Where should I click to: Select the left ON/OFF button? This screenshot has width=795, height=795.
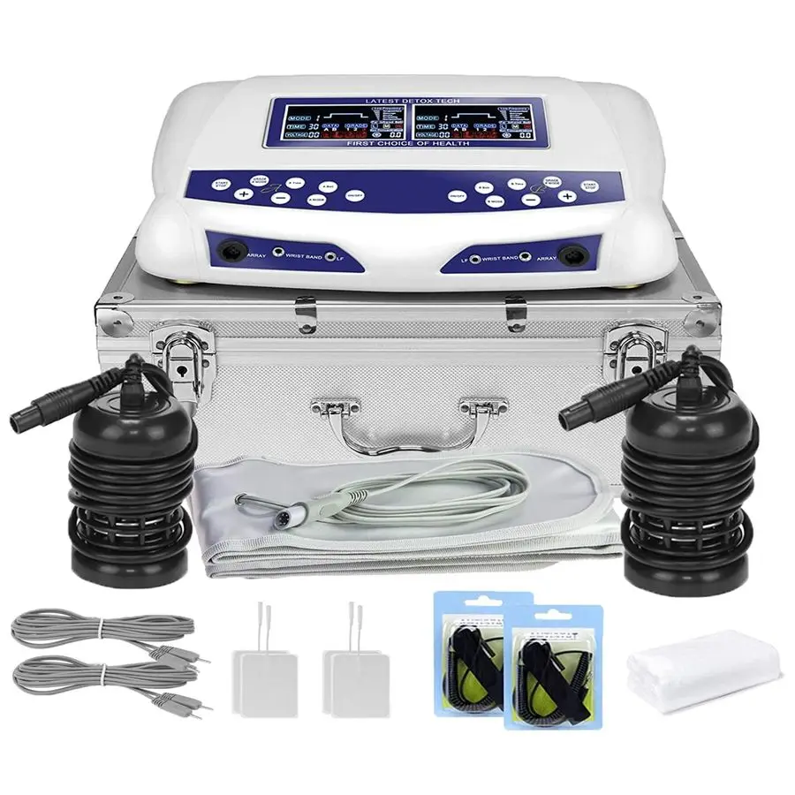pos(353,194)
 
